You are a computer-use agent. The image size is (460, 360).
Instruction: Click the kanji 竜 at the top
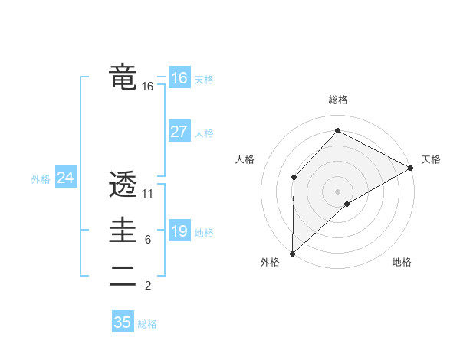pyautogui.click(x=123, y=78)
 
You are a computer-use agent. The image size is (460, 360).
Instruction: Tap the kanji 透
pyautogui.click(x=123, y=185)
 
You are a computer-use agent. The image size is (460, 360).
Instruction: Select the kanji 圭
pyautogui.click(x=123, y=231)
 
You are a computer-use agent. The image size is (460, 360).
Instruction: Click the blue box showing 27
pyautogui.click(x=179, y=132)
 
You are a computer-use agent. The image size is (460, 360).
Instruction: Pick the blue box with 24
pyautogui.click(x=65, y=178)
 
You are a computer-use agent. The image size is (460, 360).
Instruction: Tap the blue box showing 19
pyautogui.click(x=179, y=231)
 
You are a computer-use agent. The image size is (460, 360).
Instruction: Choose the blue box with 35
pyautogui.click(x=123, y=322)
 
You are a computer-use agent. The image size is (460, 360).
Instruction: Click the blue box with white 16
pyautogui.click(x=179, y=78)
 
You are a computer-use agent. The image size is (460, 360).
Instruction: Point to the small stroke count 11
pyautogui.click(x=148, y=193)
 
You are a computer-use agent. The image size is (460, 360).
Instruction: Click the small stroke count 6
pyautogui.click(x=147, y=240)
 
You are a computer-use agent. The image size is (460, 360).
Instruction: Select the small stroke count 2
pyautogui.click(x=147, y=286)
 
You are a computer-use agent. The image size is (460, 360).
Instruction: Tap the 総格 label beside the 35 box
pyautogui.click(x=147, y=324)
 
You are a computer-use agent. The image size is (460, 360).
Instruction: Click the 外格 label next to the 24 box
pyautogui.click(x=41, y=179)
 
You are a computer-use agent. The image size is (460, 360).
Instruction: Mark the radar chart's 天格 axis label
pyautogui.click(x=431, y=159)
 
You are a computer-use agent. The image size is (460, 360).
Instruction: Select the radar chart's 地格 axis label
pyautogui.click(x=402, y=263)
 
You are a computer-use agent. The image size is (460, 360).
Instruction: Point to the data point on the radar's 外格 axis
pyautogui.click(x=292, y=253)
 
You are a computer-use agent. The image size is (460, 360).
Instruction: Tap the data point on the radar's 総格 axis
pyautogui.click(x=337, y=131)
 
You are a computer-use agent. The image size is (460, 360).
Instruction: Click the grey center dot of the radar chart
pyautogui.click(x=337, y=191)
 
